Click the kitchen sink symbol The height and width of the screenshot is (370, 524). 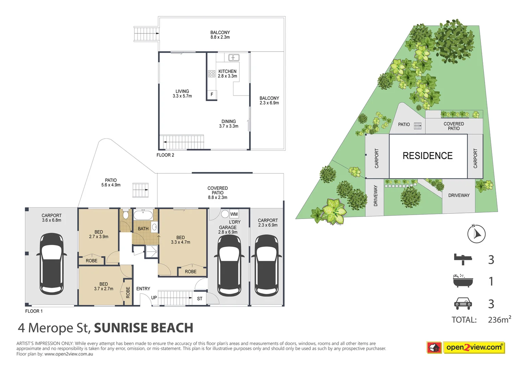coord(234,58)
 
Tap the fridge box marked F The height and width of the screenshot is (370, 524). coord(212,95)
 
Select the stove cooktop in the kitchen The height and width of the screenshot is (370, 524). coord(212,73)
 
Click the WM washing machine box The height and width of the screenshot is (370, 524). coord(234,214)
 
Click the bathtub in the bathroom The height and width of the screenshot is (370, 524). coord(143,215)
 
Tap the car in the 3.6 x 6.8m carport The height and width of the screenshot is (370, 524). coord(52,264)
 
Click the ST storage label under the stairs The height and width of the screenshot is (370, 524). coord(200,299)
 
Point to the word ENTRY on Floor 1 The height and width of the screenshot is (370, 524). coord(143,289)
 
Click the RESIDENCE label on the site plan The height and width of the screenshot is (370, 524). coord(427,156)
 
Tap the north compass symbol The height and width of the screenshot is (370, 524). coord(476,234)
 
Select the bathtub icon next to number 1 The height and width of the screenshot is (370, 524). coord(463,281)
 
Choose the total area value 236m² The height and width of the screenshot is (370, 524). coord(499,320)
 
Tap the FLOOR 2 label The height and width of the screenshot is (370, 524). coord(165,155)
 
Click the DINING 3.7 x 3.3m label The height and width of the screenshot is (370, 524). coord(229,124)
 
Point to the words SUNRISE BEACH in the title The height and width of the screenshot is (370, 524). coord(143,328)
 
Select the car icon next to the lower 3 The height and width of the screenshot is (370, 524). coord(463,304)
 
